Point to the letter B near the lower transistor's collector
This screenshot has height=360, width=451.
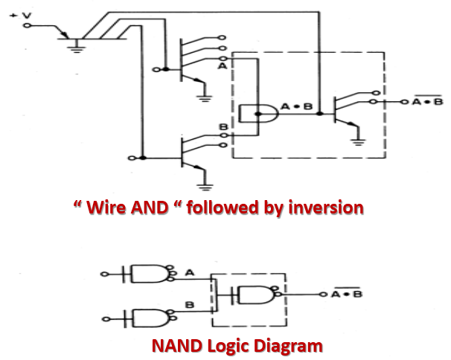tap(222, 128)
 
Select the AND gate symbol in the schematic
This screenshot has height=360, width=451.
tap(256, 114)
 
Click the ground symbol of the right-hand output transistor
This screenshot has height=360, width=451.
tap(359, 140)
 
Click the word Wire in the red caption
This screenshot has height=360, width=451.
tap(112, 208)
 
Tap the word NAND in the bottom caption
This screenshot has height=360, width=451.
tap(176, 346)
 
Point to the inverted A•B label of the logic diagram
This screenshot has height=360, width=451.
tap(346, 293)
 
